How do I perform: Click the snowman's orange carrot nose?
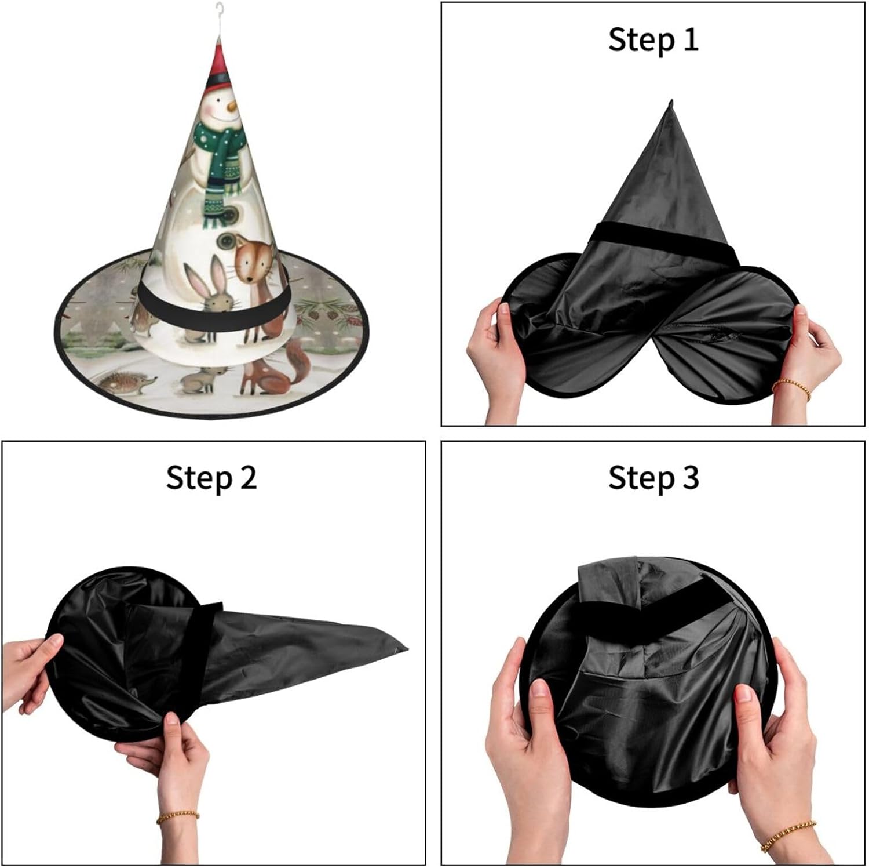coord(230,107)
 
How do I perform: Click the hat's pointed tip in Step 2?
coord(406,647)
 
